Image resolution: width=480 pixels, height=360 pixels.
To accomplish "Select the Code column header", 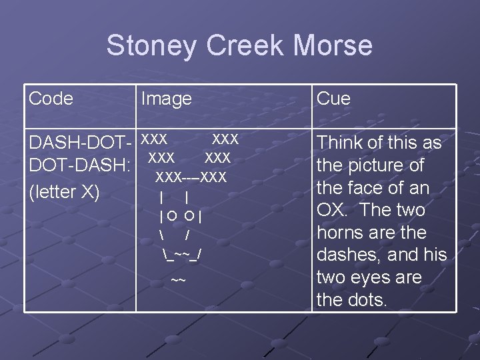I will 51,99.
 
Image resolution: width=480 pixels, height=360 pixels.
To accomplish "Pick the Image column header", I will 166,99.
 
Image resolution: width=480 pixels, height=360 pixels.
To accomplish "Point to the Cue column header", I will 333,99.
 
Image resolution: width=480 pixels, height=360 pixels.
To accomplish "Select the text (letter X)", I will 64,192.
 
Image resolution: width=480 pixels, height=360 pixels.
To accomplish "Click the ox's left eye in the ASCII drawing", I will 172,215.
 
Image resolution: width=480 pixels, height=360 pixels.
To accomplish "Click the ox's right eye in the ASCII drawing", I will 190,215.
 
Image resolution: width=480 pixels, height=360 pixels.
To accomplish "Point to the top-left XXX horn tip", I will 154,139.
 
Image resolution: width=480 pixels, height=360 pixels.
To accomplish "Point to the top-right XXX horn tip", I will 225,139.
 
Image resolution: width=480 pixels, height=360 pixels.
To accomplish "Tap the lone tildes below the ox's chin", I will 178,281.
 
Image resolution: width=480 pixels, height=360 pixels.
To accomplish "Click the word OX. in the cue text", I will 333,210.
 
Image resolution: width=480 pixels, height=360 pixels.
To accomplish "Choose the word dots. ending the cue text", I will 367,300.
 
